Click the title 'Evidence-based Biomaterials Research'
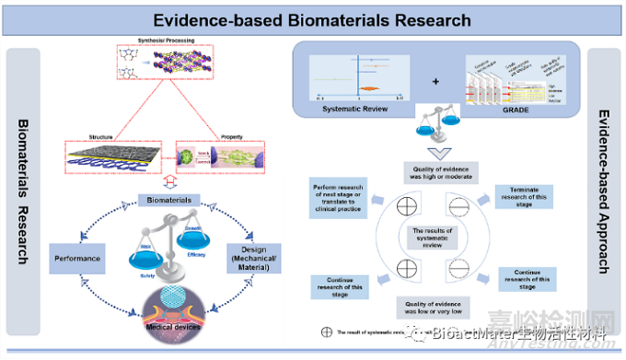312,19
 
